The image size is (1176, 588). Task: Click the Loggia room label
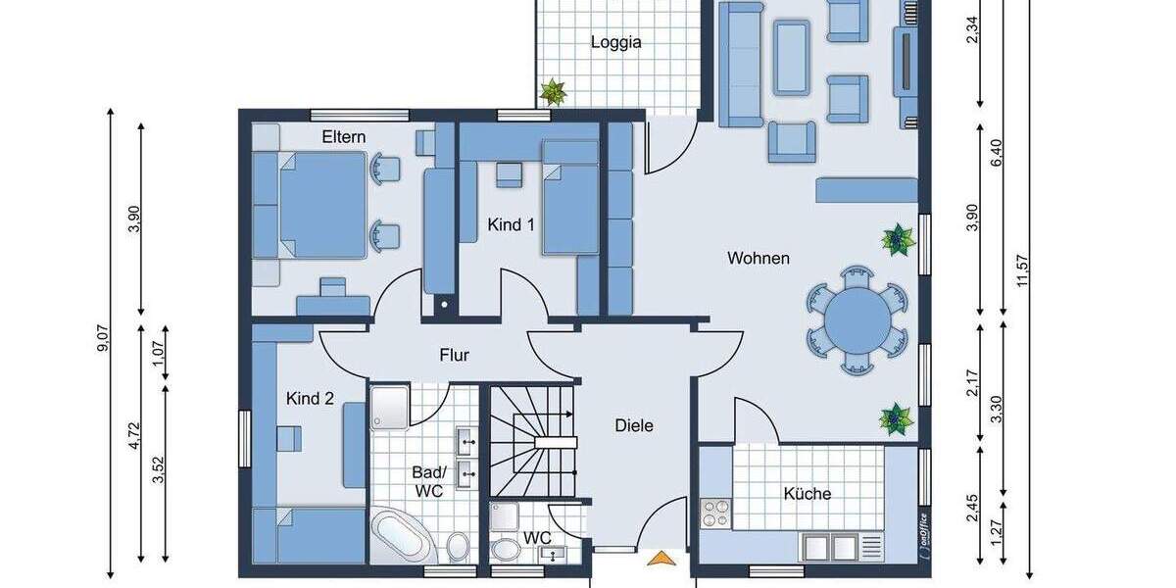[616, 42]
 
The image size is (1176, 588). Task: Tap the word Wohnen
[759, 259]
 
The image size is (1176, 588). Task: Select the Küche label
[808, 494]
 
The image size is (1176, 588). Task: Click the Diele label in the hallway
[634, 425]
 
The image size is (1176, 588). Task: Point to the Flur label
[454, 356]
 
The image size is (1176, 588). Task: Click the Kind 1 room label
[512, 224]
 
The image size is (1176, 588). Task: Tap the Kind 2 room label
[311, 399]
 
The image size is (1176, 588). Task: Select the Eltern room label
[344, 137]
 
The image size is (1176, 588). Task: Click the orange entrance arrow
[662, 559]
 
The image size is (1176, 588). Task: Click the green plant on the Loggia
[554, 93]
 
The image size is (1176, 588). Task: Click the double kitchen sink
[827, 547]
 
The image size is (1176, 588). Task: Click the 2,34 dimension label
[972, 32]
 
